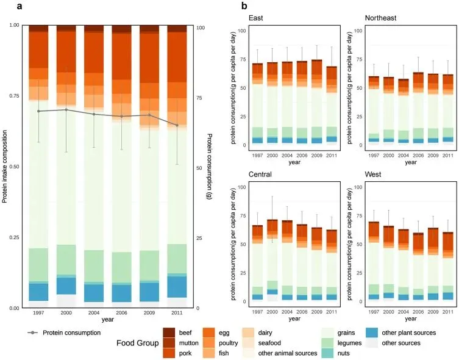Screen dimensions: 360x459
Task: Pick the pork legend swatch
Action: click(169, 352)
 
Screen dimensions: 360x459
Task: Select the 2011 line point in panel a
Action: click(177, 126)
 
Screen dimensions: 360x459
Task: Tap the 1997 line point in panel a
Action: click(38, 111)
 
